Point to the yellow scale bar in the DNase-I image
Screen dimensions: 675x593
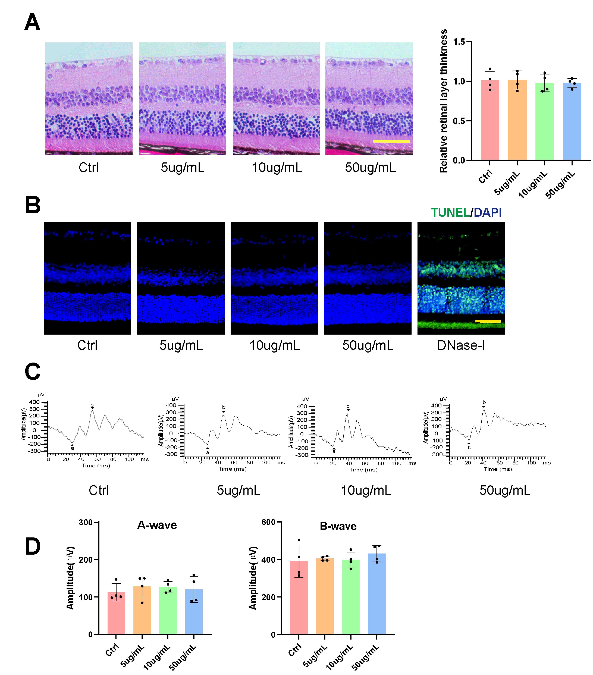(488, 321)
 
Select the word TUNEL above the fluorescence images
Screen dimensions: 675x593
(451, 213)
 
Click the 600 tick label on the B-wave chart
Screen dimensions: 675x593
(268, 522)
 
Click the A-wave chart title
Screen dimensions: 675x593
(157, 525)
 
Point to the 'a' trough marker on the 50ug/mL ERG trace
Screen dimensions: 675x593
(469, 447)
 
